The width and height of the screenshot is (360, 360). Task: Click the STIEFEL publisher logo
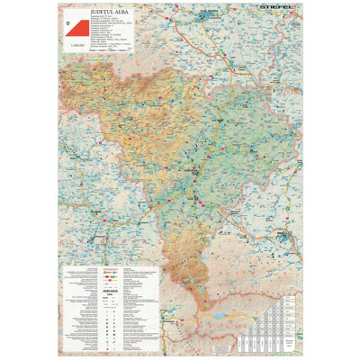pyautogui.click(x=280, y=12)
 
